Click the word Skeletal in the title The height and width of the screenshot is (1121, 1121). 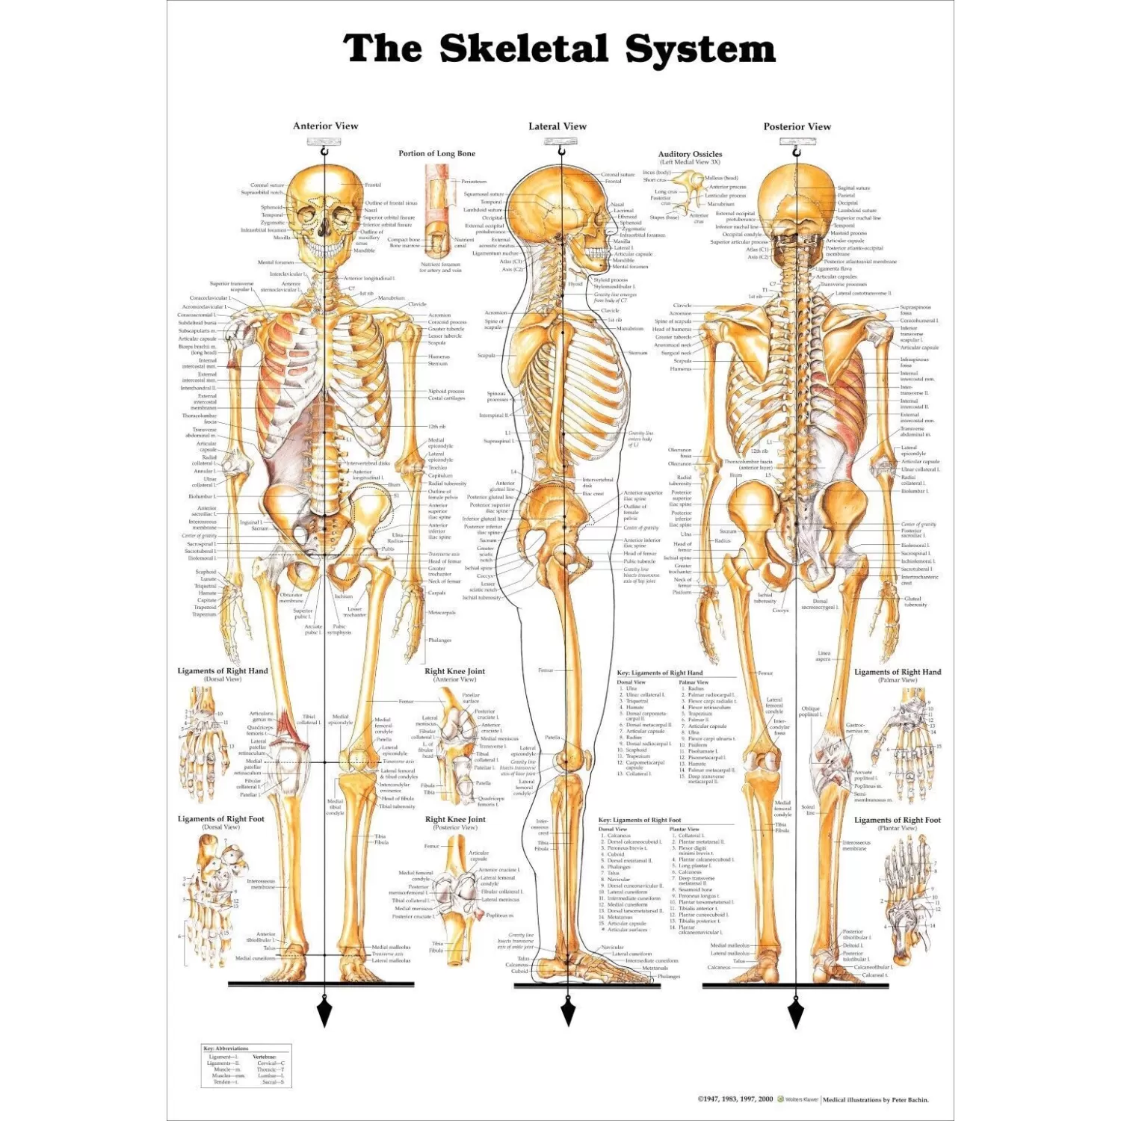[x=523, y=49]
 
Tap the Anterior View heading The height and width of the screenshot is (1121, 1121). [x=325, y=126]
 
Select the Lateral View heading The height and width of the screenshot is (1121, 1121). [x=558, y=126]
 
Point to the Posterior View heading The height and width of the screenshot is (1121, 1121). [x=797, y=126]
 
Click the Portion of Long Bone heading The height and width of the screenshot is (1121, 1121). [x=436, y=153]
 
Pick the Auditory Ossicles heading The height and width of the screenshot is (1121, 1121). [x=690, y=154]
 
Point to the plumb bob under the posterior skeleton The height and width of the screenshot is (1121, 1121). [x=796, y=1013]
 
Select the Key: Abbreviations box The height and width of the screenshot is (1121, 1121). [x=246, y=1066]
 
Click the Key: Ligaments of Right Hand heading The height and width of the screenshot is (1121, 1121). [x=660, y=673]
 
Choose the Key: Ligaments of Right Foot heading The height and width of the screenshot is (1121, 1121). [x=640, y=820]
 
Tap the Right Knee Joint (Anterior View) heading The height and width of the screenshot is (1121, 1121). [x=454, y=671]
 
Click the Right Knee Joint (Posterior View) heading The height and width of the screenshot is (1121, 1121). [x=455, y=819]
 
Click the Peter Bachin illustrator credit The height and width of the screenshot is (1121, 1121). [x=876, y=1099]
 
